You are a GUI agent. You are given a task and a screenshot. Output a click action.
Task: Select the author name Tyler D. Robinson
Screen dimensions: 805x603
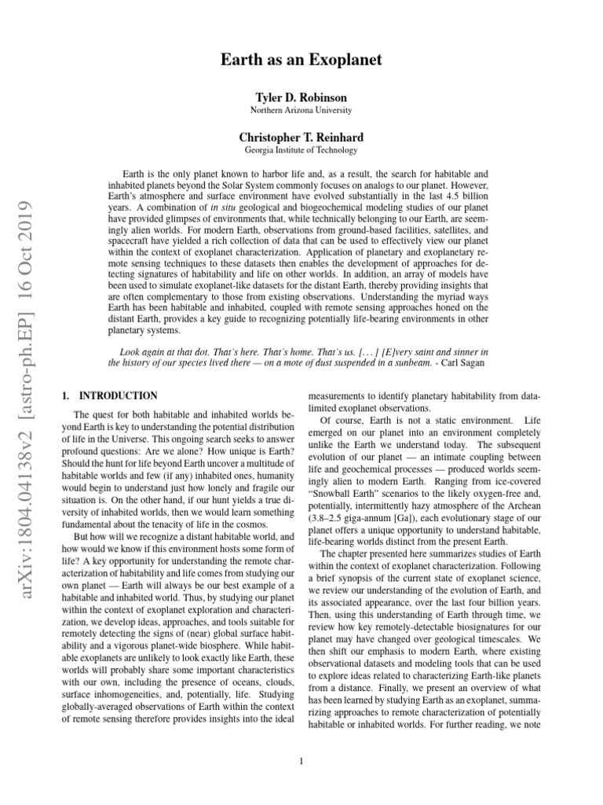(x=301, y=97)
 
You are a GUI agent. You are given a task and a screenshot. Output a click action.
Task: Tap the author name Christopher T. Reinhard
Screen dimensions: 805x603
(x=301, y=138)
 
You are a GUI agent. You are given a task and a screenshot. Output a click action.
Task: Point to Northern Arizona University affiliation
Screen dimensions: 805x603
(x=301, y=110)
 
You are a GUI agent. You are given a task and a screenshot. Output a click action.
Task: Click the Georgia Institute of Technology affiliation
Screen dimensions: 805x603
(x=301, y=150)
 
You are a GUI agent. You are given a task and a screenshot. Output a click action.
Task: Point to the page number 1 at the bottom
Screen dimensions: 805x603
(x=301, y=760)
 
